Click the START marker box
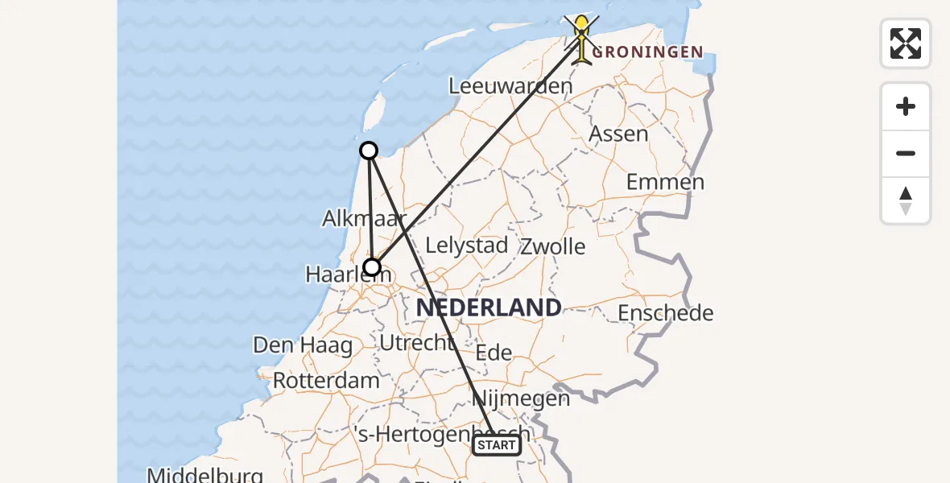[x=496, y=445]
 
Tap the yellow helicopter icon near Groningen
[x=581, y=37]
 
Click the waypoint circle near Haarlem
[x=372, y=267]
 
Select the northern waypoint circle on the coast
[x=368, y=151]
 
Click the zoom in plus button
[x=906, y=106]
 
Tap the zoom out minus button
[x=906, y=153]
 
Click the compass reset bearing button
[x=906, y=200]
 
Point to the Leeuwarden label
[x=510, y=85]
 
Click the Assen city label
[x=618, y=134]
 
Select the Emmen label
[x=665, y=182]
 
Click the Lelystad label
[x=466, y=246]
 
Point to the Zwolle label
[x=553, y=246]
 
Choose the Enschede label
[x=665, y=312]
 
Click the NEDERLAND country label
[x=489, y=307]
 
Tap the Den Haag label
[x=303, y=346]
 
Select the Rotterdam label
[x=326, y=380]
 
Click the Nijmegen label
[x=521, y=398]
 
